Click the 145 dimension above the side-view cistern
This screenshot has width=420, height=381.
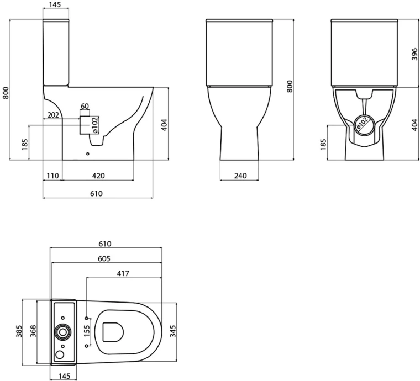pyautogui.click(x=55, y=5)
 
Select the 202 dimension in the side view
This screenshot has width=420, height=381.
pyautogui.click(x=54, y=115)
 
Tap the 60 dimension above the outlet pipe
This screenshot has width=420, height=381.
pyautogui.click(x=85, y=106)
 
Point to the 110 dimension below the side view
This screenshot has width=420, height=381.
pyautogui.click(x=53, y=176)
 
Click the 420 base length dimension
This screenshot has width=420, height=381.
pyautogui.click(x=98, y=176)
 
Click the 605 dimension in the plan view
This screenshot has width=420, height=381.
pyautogui.click(x=105, y=258)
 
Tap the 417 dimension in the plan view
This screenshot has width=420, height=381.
pyautogui.click(x=124, y=273)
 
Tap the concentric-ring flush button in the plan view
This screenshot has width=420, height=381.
pyautogui.click(x=63, y=332)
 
